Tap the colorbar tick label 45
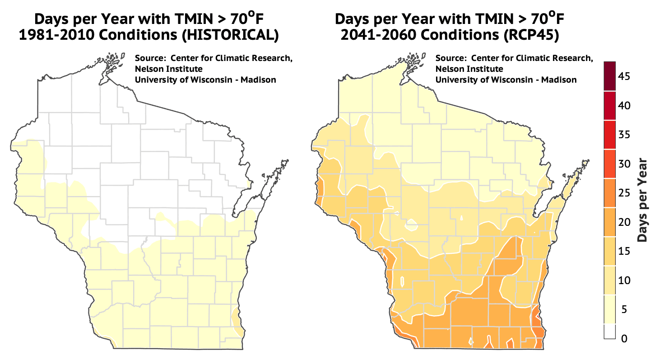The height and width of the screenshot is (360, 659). tap(624, 77)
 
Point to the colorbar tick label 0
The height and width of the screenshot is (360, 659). tap(624, 338)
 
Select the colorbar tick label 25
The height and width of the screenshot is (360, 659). tap(624, 193)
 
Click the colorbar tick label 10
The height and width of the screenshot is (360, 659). tap(624, 281)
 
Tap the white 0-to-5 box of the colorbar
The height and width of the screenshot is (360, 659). tap(612, 331)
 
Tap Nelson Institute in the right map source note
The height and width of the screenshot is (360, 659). tap(469, 69)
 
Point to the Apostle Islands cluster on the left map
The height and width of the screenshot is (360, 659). tap(112, 61)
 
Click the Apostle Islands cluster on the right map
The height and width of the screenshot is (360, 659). tap(413, 61)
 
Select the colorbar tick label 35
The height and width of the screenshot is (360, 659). tap(624, 135)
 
